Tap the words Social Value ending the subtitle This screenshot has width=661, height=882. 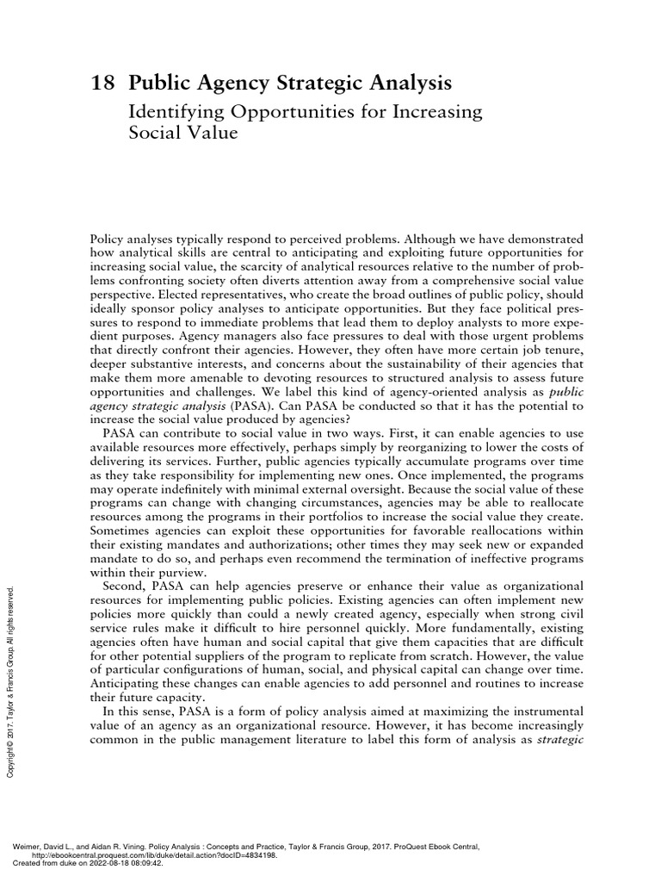(x=182, y=134)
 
